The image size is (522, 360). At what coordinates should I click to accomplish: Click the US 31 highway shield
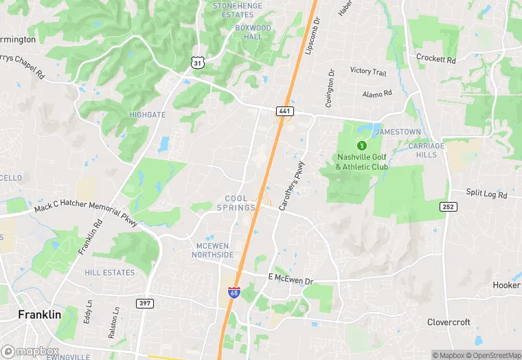197,63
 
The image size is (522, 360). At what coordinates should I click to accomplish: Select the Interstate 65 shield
234,293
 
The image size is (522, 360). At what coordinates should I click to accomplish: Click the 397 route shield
145,303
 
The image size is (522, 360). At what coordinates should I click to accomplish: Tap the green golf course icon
361,145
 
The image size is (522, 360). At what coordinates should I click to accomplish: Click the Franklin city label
39,314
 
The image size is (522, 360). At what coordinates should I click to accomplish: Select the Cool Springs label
233,203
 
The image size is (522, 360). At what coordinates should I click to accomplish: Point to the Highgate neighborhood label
147,115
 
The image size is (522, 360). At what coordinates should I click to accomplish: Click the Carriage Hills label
427,150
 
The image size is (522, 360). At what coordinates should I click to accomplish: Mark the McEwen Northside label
214,251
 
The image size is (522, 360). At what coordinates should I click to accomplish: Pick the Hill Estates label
110,273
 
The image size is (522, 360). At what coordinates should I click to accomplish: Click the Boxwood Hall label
253,32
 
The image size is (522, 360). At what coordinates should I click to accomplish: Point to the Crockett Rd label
436,60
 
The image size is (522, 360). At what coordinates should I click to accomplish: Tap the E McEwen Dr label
290,280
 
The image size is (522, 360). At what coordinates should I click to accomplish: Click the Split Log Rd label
487,194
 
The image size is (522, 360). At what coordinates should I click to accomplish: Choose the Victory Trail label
368,71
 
